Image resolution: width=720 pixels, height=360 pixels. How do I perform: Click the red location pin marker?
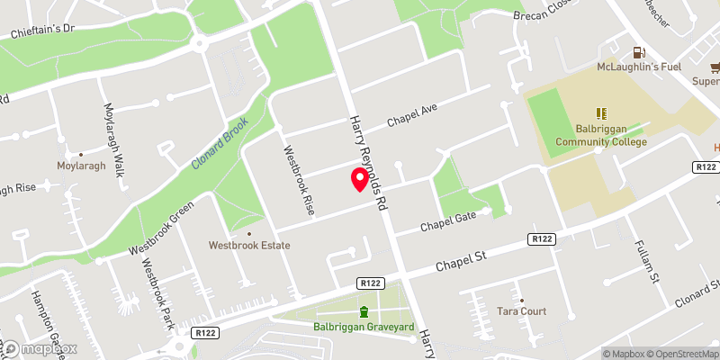click(360, 179)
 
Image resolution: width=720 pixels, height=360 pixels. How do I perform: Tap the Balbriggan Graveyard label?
click(364, 328)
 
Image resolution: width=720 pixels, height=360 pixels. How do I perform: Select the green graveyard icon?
click(364, 311)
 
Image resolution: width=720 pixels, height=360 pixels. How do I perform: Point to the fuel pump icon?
click(639, 52)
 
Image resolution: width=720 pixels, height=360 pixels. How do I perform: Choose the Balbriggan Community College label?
click(600, 135)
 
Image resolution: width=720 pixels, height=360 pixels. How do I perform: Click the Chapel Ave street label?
click(411, 115)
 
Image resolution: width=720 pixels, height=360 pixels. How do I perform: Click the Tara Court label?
click(522, 311)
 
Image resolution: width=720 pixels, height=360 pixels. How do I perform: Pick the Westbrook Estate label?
click(248, 243)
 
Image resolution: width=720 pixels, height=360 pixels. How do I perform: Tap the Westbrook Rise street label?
click(299, 180)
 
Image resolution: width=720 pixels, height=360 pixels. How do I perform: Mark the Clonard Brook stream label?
click(219, 144)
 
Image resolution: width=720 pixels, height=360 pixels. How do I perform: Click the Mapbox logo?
click(40, 348)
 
